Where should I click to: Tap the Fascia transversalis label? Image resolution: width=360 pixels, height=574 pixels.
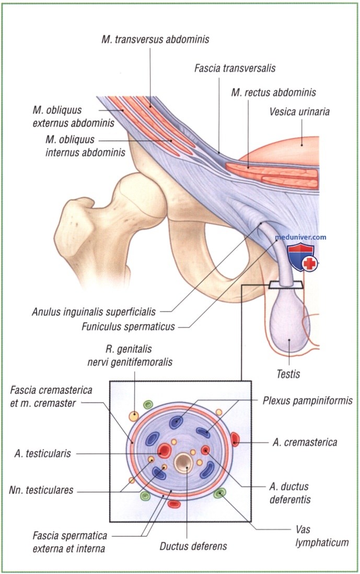(235, 68)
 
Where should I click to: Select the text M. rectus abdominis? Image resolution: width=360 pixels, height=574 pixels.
(274, 93)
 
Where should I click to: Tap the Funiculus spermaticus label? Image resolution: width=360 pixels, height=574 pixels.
(128, 327)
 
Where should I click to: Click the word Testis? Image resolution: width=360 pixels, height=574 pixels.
(288, 374)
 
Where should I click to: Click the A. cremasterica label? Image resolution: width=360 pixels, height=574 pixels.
(305, 442)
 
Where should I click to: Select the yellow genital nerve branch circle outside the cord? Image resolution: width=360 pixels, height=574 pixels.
(134, 416)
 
